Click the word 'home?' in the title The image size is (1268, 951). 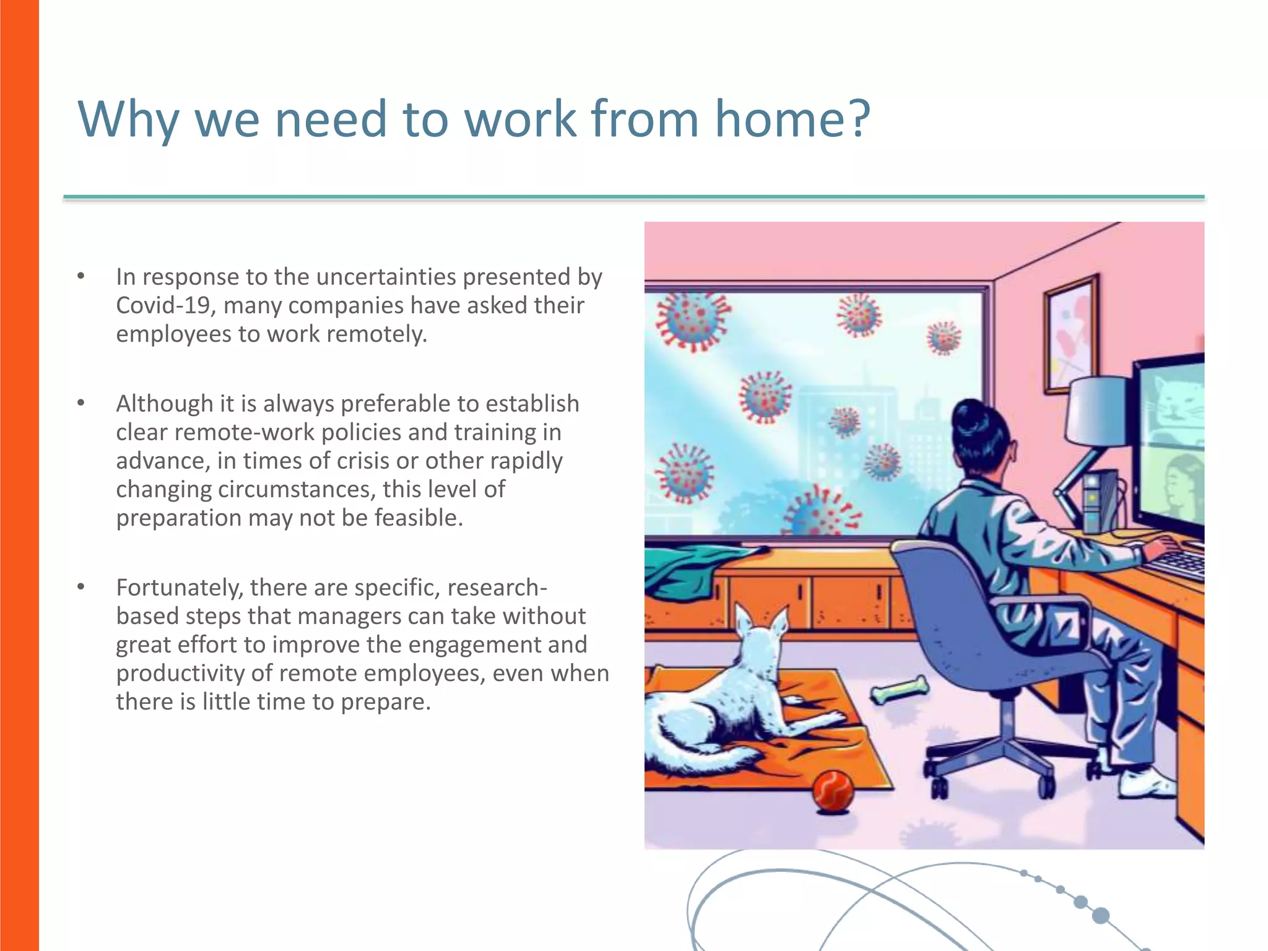[792, 119]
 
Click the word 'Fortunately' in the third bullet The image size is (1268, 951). [179, 587]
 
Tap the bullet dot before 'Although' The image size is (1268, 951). [80, 404]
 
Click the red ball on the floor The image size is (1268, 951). [833, 791]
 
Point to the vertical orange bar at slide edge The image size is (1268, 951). [19, 475]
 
